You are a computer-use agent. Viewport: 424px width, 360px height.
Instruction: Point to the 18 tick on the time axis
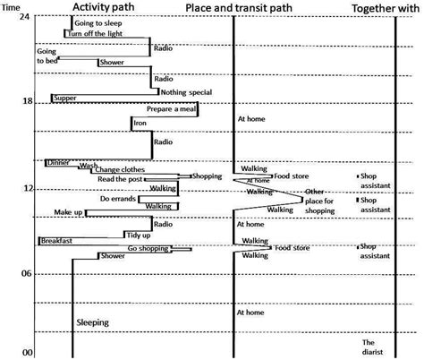pyautogui.click(x=26, y=101)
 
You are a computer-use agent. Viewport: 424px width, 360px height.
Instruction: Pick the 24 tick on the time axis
pyautogui.click(x=26, y=18)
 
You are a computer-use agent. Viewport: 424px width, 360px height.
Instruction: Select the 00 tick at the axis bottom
pyautogui.click(x=27, y=353)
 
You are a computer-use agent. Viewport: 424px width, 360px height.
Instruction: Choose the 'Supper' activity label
pyautogui.click(x=64, y=97)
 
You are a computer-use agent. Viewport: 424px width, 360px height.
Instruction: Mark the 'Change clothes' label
pyautogui.click(x=118, y=170)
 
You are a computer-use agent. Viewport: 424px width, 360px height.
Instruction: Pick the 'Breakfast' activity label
pyautogui.click(x=55, y=241)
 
